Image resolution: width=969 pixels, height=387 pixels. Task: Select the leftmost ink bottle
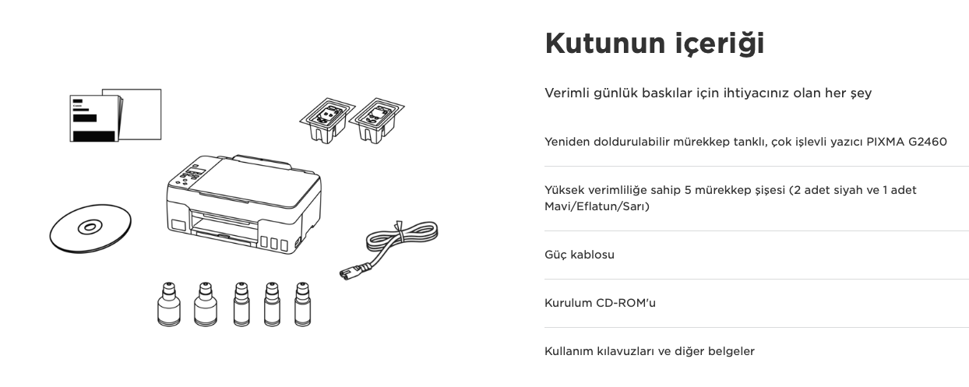point(169,304)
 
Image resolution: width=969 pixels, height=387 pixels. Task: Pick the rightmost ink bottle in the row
point(302,304)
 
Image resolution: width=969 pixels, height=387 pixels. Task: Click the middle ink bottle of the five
point(241,304)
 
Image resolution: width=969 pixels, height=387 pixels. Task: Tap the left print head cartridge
point(327,121)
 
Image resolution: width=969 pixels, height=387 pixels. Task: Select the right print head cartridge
point(377,121)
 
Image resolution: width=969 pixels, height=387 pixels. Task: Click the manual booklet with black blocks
point(95,118)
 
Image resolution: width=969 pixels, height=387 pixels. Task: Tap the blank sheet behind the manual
point(140,114)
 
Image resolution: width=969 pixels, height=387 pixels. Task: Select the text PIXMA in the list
point(886,142)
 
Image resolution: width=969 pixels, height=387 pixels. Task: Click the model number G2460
point(928,142)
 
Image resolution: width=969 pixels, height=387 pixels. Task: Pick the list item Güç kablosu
point(580,255)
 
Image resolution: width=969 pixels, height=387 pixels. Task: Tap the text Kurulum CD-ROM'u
point(600,303)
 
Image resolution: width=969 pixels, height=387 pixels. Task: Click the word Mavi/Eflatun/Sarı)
point(597,206)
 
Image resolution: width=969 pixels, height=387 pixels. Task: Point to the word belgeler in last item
point(731,351)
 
